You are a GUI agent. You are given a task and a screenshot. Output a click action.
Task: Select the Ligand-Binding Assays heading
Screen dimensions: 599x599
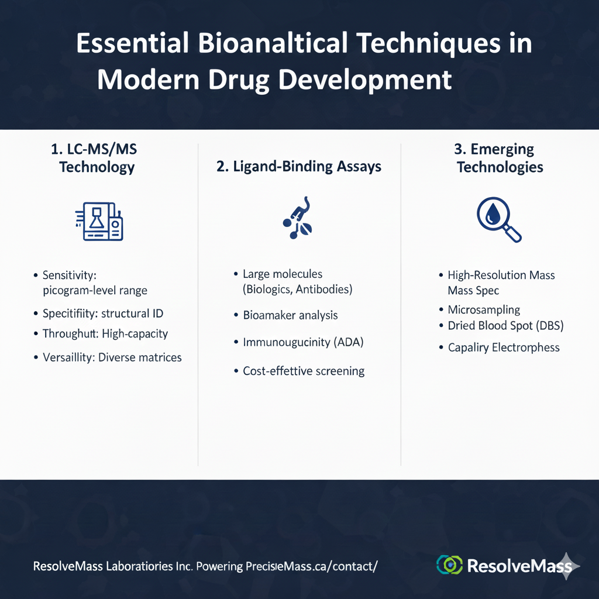click(299, 167)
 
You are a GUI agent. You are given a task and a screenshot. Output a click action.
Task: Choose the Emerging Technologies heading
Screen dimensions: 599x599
click(500, 159)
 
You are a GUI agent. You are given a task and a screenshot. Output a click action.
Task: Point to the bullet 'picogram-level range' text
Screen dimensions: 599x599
click(95, 290)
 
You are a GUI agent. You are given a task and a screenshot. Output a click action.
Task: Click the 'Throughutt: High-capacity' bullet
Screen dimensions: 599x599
click(105, 334)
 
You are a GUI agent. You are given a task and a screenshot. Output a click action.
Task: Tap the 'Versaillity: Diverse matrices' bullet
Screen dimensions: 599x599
click(112, 357)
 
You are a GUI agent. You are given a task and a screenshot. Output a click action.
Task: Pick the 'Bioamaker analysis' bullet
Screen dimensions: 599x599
click(290, 315)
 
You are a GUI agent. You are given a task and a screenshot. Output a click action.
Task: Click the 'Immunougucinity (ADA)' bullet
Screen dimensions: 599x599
click(303, 342)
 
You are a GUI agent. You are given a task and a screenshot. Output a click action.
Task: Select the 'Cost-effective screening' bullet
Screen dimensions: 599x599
click(304, 371)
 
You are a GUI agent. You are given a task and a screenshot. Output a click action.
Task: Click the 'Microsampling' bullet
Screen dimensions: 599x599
click(484, 310)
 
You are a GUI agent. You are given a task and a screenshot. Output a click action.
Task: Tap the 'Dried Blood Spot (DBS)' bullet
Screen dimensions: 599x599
click(505, 326)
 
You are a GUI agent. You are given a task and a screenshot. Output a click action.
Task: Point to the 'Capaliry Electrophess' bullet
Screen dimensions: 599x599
click(504, 347)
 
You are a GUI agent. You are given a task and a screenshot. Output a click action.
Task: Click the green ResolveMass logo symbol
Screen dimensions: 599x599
click(449, 564)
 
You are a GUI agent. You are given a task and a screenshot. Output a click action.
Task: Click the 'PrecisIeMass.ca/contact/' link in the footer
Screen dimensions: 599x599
click(312, 566)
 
